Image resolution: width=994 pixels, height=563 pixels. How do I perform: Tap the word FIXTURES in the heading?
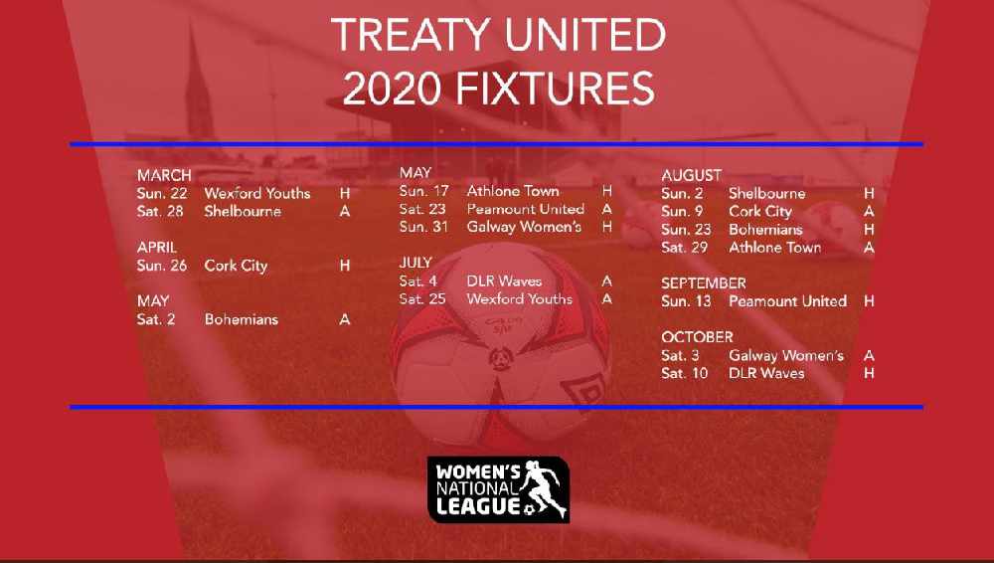(x=555, y=89)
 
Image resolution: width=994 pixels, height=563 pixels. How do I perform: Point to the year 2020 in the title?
(x=391, y=89)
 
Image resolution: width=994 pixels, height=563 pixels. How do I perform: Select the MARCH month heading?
(x=164, y=175)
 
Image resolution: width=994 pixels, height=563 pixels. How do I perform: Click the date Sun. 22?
(x=162, y=193)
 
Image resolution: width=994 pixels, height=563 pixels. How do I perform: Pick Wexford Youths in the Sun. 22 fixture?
(x=257, y=193)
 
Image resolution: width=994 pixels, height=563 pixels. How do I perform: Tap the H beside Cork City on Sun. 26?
(x=345, y=266)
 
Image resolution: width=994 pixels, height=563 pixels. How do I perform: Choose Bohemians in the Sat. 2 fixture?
(x=242, y=319)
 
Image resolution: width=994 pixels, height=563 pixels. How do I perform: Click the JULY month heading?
(x=415, y=263)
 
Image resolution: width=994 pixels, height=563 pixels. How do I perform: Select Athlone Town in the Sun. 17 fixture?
(x=513, y=190)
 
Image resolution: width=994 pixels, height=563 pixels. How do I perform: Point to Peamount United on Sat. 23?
(x=526, y=209)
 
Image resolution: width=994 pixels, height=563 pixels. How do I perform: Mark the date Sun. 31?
(x=423, y=227)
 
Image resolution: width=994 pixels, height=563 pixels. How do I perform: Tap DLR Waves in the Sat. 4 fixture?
(x=505, y=281)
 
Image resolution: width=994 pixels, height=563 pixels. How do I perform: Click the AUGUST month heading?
(x=692, y=175)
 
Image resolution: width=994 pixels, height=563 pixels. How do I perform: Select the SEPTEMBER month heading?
(x=704, y=283)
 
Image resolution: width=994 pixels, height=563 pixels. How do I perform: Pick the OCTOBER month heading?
(x=698, y=337)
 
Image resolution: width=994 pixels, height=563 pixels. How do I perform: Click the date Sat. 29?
(x=684, y=248)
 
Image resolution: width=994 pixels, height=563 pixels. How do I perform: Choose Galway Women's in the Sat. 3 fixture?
(x=786, y=355)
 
